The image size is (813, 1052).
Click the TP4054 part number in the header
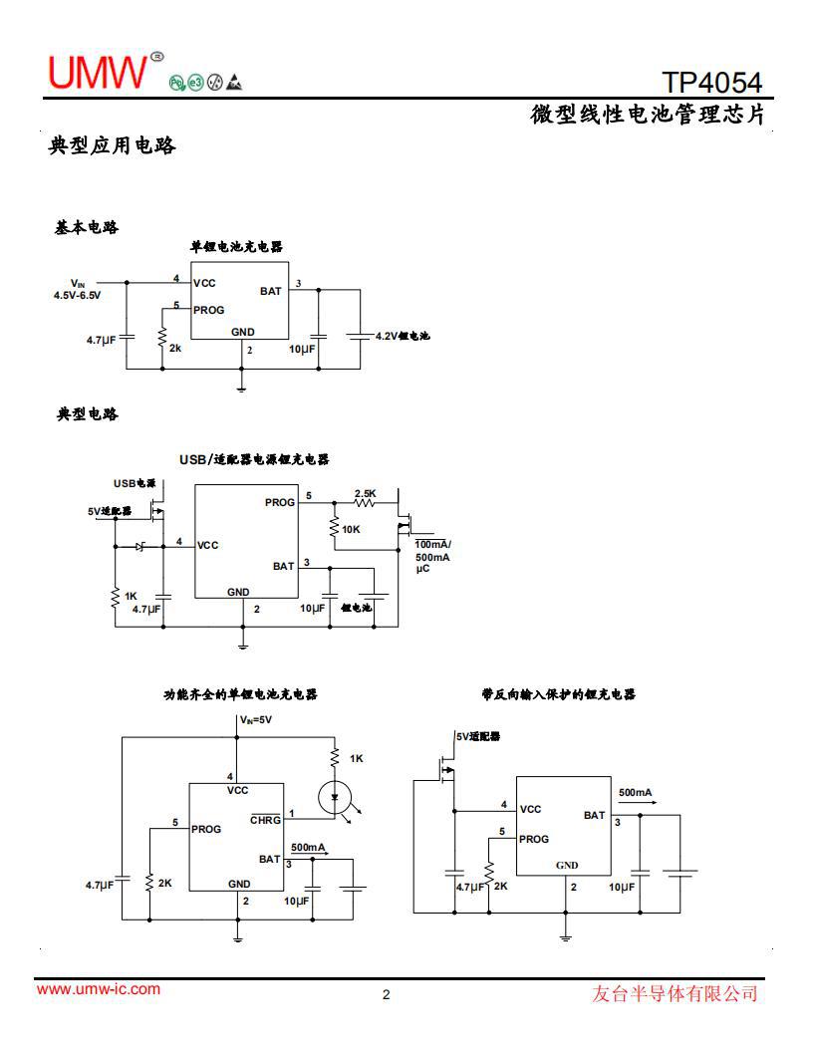tap(711, 82)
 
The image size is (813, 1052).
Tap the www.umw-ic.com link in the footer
tap(98, 989)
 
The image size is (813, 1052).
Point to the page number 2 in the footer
tap(387, 994)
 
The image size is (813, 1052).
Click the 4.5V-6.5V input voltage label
tap(77, 295)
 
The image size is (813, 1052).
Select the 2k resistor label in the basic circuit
tap(175, 349)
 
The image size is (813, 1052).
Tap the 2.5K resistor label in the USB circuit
tap(366, 493)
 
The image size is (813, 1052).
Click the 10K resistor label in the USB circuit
tap(351, 529)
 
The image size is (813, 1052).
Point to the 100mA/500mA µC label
tap(432, 557)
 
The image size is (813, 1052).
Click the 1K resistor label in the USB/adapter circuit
tap(131, 596)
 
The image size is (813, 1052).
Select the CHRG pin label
tap(265, 820)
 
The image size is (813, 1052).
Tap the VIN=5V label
tap(255, 719)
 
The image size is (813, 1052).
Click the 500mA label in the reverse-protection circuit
tap(635, 792)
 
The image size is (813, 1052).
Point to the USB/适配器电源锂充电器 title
tap(254, 459)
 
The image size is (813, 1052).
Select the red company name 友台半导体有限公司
tap(675, 993)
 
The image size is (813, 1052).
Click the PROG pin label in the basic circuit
tap(209, 310)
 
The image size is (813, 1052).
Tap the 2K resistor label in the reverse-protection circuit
tap(500, 886)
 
